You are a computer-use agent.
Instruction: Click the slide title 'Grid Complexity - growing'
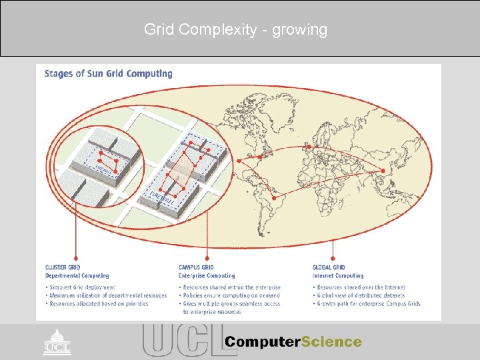pos(235,29)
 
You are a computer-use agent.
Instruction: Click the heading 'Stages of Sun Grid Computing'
pos(108,73)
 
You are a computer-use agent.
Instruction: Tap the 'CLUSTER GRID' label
pos(62,268)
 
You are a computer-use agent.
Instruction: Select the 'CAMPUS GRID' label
pos(195,268)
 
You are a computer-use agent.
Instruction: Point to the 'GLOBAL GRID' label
pos(329,268)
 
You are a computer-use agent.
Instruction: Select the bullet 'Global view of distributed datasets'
pos(361,295)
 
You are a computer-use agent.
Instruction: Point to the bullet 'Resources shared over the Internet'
pos(361,287)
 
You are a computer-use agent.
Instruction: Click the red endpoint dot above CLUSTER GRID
pos(78,258)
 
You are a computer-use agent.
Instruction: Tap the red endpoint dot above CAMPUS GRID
pos(209,258)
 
